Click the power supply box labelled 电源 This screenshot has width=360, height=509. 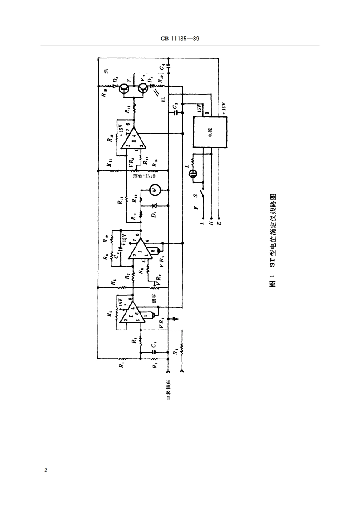click(x=209, y=132)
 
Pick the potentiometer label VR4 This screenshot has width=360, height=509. click(x=131, y=162)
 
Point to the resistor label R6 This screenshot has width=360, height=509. click(x=112, y=281)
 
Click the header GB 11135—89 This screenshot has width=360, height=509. click(x=180, y=39)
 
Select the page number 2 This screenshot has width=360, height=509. click(x=45, y=470)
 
